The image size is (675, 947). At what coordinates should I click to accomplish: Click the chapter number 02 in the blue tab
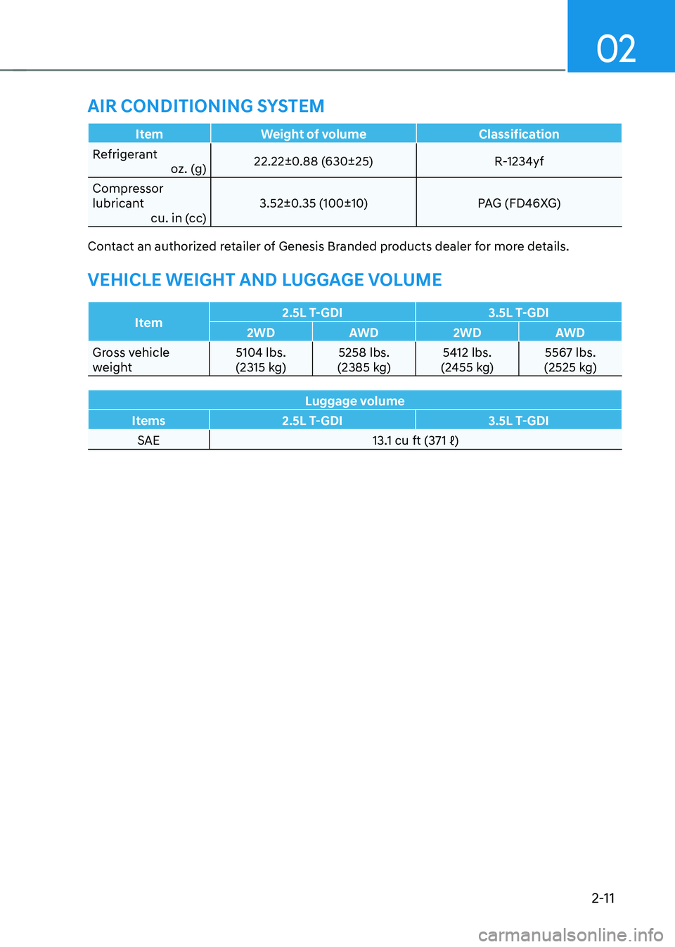pyautogui.click(x=616, y=49)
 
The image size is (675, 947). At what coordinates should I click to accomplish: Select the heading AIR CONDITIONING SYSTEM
pyautogui.click(x=206, y=106)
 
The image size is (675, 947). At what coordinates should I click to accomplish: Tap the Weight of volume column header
pyautogui.click(x=313, y=134)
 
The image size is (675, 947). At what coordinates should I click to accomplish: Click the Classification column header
pyautogui.click(x=519, y=134)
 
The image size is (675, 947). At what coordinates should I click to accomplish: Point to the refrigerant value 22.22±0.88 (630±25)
pyautogui.click(x=313, y=161)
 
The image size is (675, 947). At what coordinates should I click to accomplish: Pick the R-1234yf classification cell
pyautogui.click(x=519, y=161)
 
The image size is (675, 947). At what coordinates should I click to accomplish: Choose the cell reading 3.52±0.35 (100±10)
pyautogui.click(x=313, y=203)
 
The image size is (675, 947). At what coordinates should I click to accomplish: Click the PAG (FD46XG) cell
pyautogui.click(x=519, y=203)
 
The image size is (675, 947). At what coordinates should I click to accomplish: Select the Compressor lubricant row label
pyautogui.click(x=128, y=196)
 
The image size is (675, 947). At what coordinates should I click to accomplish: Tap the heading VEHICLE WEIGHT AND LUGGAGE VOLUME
pyautogui.click(x=264, y=280)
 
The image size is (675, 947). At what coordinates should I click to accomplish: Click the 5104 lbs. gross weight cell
pyautogui.click(x=261, y=360)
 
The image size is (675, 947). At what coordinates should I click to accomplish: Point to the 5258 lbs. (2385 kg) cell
pyautogui.click(x=364, y=360)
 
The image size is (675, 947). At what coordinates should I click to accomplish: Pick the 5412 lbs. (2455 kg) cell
pyautogui.click(x=467, y=360)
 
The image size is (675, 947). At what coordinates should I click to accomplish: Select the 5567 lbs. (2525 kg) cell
pyautogui.click(x=570, y=360)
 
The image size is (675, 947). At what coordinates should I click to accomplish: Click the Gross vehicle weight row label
pyautogui.click(x=131, y=360)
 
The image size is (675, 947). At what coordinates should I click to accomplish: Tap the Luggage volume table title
pyautogui.click(x=354, y=401)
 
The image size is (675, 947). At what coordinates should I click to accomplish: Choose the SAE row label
pyautogui.click(x=148, y=440)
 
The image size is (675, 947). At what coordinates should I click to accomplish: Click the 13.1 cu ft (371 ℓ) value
pyautogui.click(x=415, y=440)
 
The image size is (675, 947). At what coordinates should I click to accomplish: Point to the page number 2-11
pyautogui.click(x=603, y=898)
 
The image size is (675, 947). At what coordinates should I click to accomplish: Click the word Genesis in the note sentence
pyautogui.click(x=301, y=246)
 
